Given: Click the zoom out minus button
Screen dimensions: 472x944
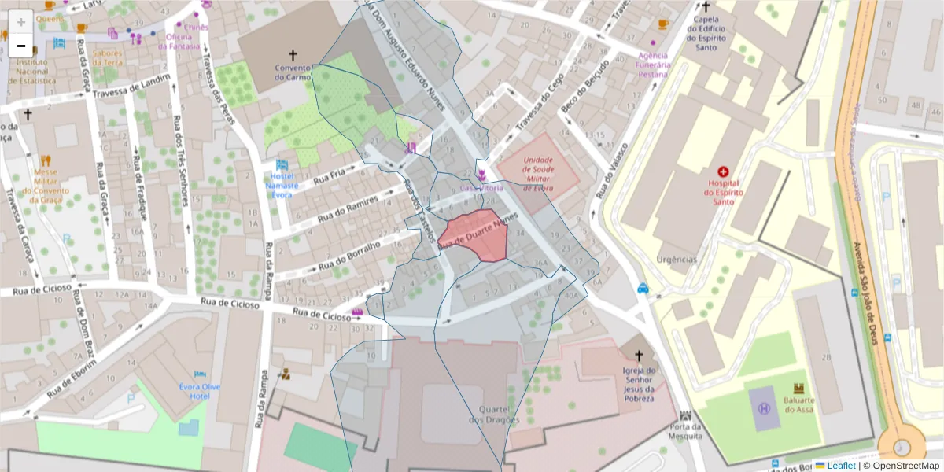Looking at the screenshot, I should tap(21, 46).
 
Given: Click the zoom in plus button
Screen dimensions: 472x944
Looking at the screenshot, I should tap(21, 22).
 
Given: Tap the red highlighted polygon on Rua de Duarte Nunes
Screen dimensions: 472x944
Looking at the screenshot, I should tap(474, 234).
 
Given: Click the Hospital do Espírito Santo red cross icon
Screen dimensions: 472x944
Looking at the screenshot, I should tap(723, 171).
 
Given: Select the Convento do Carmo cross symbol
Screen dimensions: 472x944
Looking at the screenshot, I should tap(293, 55).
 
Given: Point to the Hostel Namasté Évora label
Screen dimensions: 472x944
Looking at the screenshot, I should tap(282, 186).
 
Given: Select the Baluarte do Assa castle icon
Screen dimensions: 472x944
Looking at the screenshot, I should tap(798, 388).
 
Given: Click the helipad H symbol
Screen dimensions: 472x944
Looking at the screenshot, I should tap(763, 408).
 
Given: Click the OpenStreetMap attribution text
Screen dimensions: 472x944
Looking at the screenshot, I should tap(905, 465).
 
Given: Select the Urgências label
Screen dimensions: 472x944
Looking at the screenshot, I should tap(677, 260).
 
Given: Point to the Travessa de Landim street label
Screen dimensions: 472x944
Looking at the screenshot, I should tap(131, 87).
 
